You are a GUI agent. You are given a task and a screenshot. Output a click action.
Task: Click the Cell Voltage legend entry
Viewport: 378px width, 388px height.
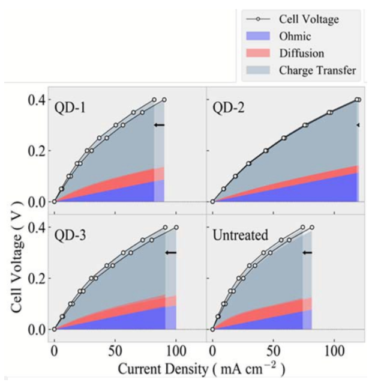[308, 20]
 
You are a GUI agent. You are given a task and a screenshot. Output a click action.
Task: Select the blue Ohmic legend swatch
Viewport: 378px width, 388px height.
[260, 37]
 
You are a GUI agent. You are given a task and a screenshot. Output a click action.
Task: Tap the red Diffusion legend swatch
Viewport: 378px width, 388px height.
[260, 53]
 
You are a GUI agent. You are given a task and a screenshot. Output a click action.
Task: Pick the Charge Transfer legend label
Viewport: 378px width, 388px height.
[317, 70]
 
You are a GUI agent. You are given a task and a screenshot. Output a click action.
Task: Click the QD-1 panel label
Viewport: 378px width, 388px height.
[70, 107]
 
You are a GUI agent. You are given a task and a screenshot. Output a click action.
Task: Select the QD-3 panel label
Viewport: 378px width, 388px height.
[70, 235]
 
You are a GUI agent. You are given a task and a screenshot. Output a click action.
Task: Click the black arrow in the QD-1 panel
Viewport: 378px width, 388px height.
[160, 125]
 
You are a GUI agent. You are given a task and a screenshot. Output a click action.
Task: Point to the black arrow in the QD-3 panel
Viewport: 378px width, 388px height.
[171, 253]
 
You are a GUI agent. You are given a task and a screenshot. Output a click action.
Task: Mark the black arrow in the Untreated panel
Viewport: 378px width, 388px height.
[307, 253]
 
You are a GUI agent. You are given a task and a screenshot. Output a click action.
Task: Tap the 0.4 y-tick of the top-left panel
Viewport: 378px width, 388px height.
[36, 100]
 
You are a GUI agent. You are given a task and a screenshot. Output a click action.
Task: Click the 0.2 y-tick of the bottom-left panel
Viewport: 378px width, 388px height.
[36, 279]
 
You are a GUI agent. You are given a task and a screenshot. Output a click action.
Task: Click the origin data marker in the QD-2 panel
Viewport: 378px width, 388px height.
[212, 202]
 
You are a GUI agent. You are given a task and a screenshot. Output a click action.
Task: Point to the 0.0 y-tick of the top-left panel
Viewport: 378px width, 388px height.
[36, 202]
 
